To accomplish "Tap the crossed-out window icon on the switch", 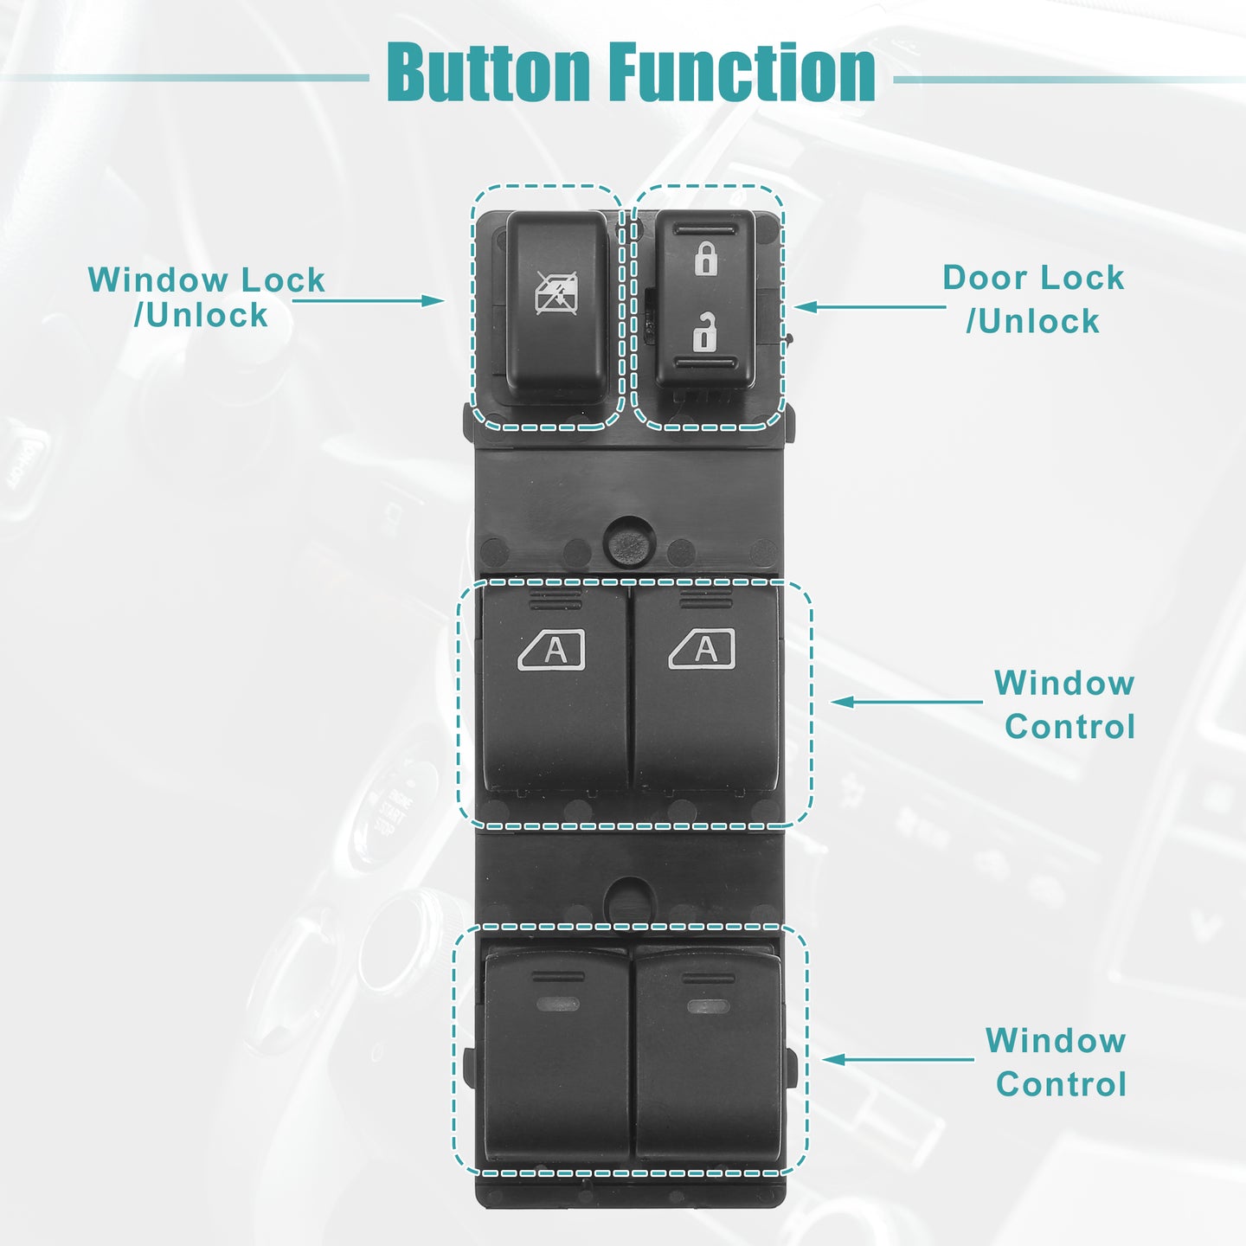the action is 556,293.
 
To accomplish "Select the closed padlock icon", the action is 705,258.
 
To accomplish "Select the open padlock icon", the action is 705,331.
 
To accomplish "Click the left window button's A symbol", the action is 551,649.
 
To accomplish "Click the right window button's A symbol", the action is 702,649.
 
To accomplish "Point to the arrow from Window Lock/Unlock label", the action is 368,300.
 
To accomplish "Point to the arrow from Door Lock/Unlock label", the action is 870,307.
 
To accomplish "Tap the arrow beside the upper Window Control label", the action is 907,702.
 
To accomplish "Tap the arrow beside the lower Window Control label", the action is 898,1059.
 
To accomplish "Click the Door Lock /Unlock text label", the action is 1033,299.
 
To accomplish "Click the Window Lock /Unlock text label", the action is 206,298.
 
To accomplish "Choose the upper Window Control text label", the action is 1065,704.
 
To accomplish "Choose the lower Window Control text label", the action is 1057,1062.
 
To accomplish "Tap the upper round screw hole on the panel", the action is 630,542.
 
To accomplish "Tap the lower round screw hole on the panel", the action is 631,900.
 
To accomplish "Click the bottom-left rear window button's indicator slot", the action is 557,1005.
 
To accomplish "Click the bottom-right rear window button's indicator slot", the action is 709,1006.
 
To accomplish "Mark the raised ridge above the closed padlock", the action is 705,229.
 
